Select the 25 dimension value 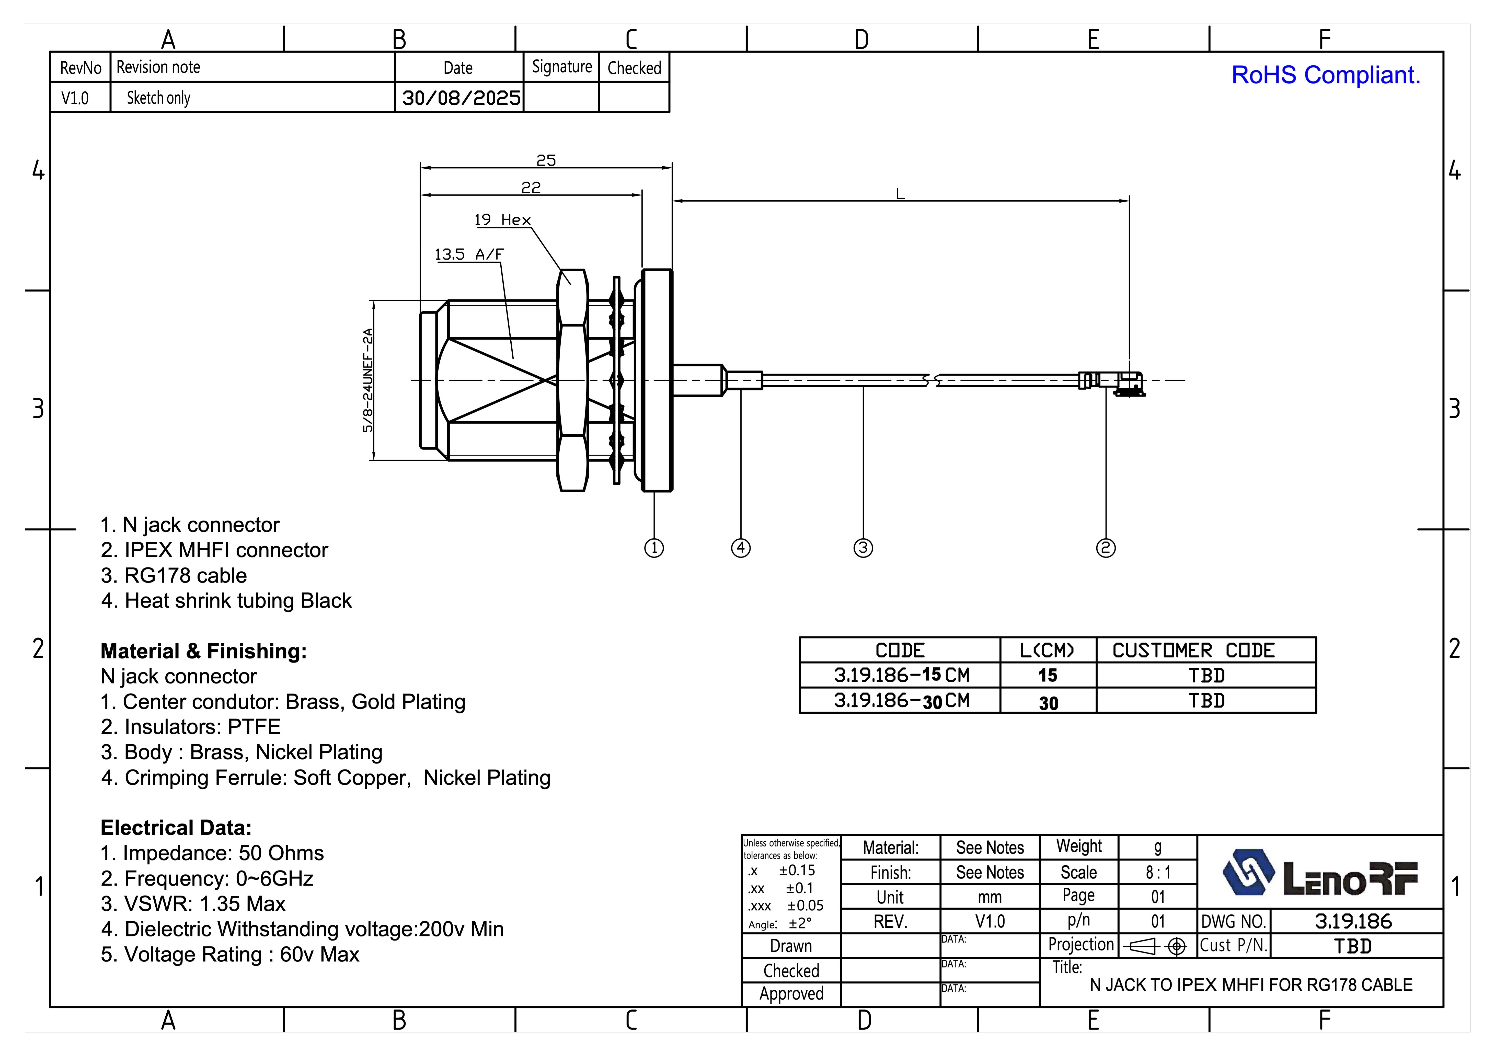tap(546, 160)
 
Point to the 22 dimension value tap(531, 187)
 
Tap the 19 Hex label tap(502, 220)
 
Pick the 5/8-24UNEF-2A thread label tap(368, 381)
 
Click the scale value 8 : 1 tap(1158, 873)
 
